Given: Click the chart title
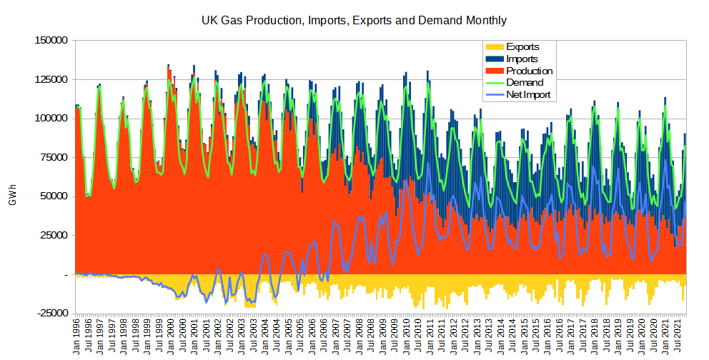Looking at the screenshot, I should click(x=354, y=21).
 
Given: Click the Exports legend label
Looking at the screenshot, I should click(x=522, y=47).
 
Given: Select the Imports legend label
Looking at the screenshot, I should click(x=522, y=59).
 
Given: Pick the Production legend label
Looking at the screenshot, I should click(x=529, y=71).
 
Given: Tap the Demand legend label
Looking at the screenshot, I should click(x=525, y=82).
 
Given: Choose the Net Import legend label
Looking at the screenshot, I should click(x=528, y=94).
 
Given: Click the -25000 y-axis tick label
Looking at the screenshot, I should click(x=53, y=313).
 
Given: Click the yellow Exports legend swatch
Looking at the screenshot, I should click(x=495, y=47).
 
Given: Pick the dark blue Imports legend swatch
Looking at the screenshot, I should click(x=495, y=59).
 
